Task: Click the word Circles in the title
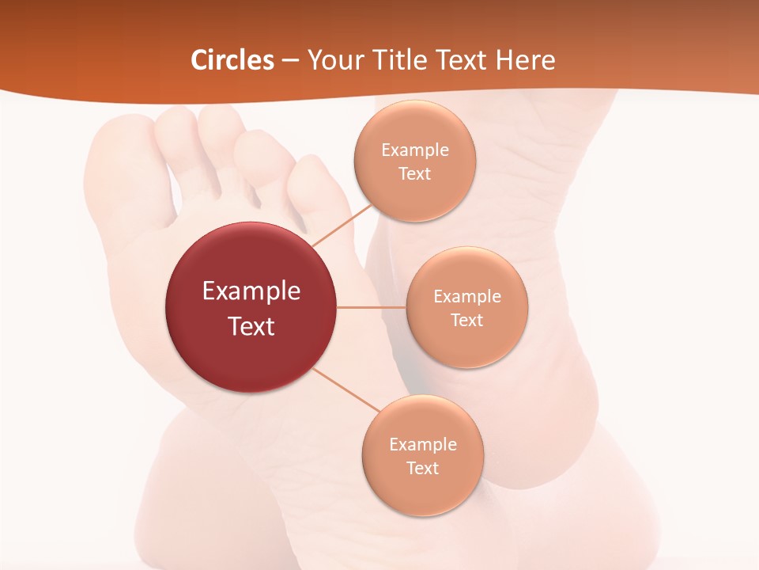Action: (x=232, y=60)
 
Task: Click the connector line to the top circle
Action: (x=342, y=224)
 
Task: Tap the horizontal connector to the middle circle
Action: (x=372, y=307)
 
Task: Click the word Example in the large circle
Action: (x=251, y=291)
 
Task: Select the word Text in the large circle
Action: (x=251, y=326)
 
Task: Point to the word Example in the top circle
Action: (x=414, y=150)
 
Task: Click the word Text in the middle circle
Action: (x=466, y=321)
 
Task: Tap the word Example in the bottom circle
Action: (x=422, y=444)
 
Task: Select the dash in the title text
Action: (x=290, y=61)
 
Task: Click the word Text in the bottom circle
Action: (x=422, y=469)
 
